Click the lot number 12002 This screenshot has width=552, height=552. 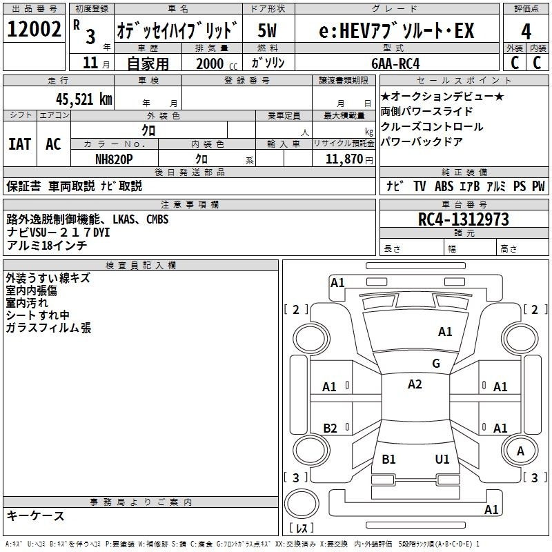coord(34,29)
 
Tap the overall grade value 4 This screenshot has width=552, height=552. coord(526,32)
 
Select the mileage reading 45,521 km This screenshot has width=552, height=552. coord(84,99)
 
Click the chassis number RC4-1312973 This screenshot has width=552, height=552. coord(463,219)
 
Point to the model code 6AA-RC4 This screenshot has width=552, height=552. coord(395,63)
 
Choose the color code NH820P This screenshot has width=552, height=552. coord(114,159)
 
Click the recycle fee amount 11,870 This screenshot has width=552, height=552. coord(344,159)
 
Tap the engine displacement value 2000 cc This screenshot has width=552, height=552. coord(217,63)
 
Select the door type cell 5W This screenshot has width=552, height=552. coord(267,30)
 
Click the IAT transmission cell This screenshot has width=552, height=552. coord(20,144)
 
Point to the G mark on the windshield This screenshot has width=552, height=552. coord(436,364)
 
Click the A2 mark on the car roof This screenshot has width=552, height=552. coord(415,384)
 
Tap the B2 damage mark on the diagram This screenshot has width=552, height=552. coord(330,428)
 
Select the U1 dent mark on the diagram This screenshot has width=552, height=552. coord(442,459)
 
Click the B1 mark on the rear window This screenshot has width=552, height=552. coord(388,459)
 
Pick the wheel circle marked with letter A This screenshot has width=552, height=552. coord(520,451)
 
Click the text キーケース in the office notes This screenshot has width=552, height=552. coord(35,516)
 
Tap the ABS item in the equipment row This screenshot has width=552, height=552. coord(444,186)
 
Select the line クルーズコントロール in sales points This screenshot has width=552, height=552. coord(432,127)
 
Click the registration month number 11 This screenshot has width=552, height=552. coord(90,63)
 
